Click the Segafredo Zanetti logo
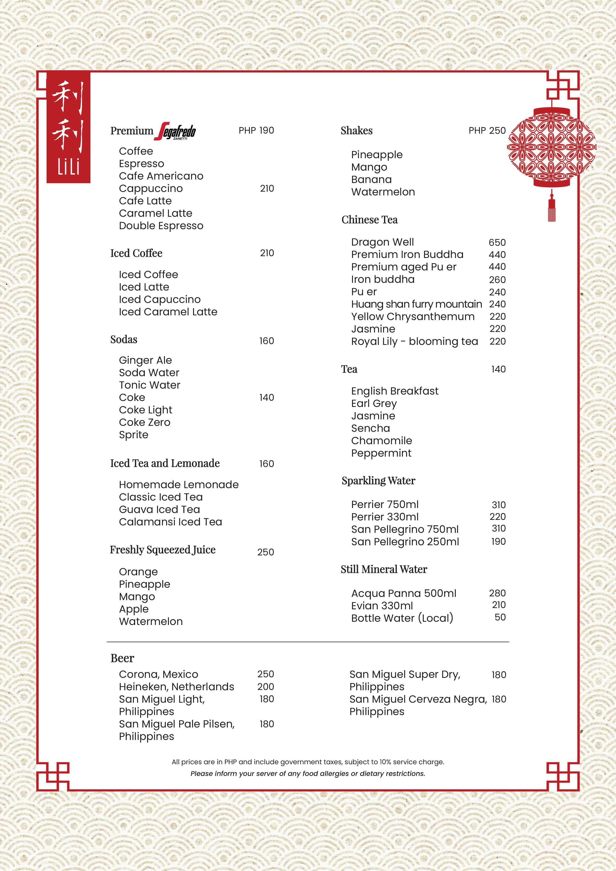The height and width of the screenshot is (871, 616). pyautogui.click(x=177, y=131)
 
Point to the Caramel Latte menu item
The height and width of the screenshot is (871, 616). pyautogui.click(x=155, y=213)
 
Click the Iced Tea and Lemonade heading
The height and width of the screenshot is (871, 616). pyautogui.click(x=165, y=463)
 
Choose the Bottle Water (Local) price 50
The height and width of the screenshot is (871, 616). pyautogui.click(x=500, y=617)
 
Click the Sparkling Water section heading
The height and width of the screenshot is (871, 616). pyautogui.click(x=378, y=481)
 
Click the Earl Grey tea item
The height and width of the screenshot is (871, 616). pyautogui.click(x=374, y=403)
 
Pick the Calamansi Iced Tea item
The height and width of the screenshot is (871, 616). pyautogui.click(x=170, y=522)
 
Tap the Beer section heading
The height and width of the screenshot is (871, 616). pyautogui.click(x=122, y=658)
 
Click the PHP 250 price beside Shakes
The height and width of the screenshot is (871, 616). pyautogui.click(x=487, y=131)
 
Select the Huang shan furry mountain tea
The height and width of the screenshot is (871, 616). pyautogui.click(x=416, y=304)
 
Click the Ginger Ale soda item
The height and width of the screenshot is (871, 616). pyautogui.click(x=145, y=360)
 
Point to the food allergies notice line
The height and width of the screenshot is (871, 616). pyautogui.click(x=308, y=773)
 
